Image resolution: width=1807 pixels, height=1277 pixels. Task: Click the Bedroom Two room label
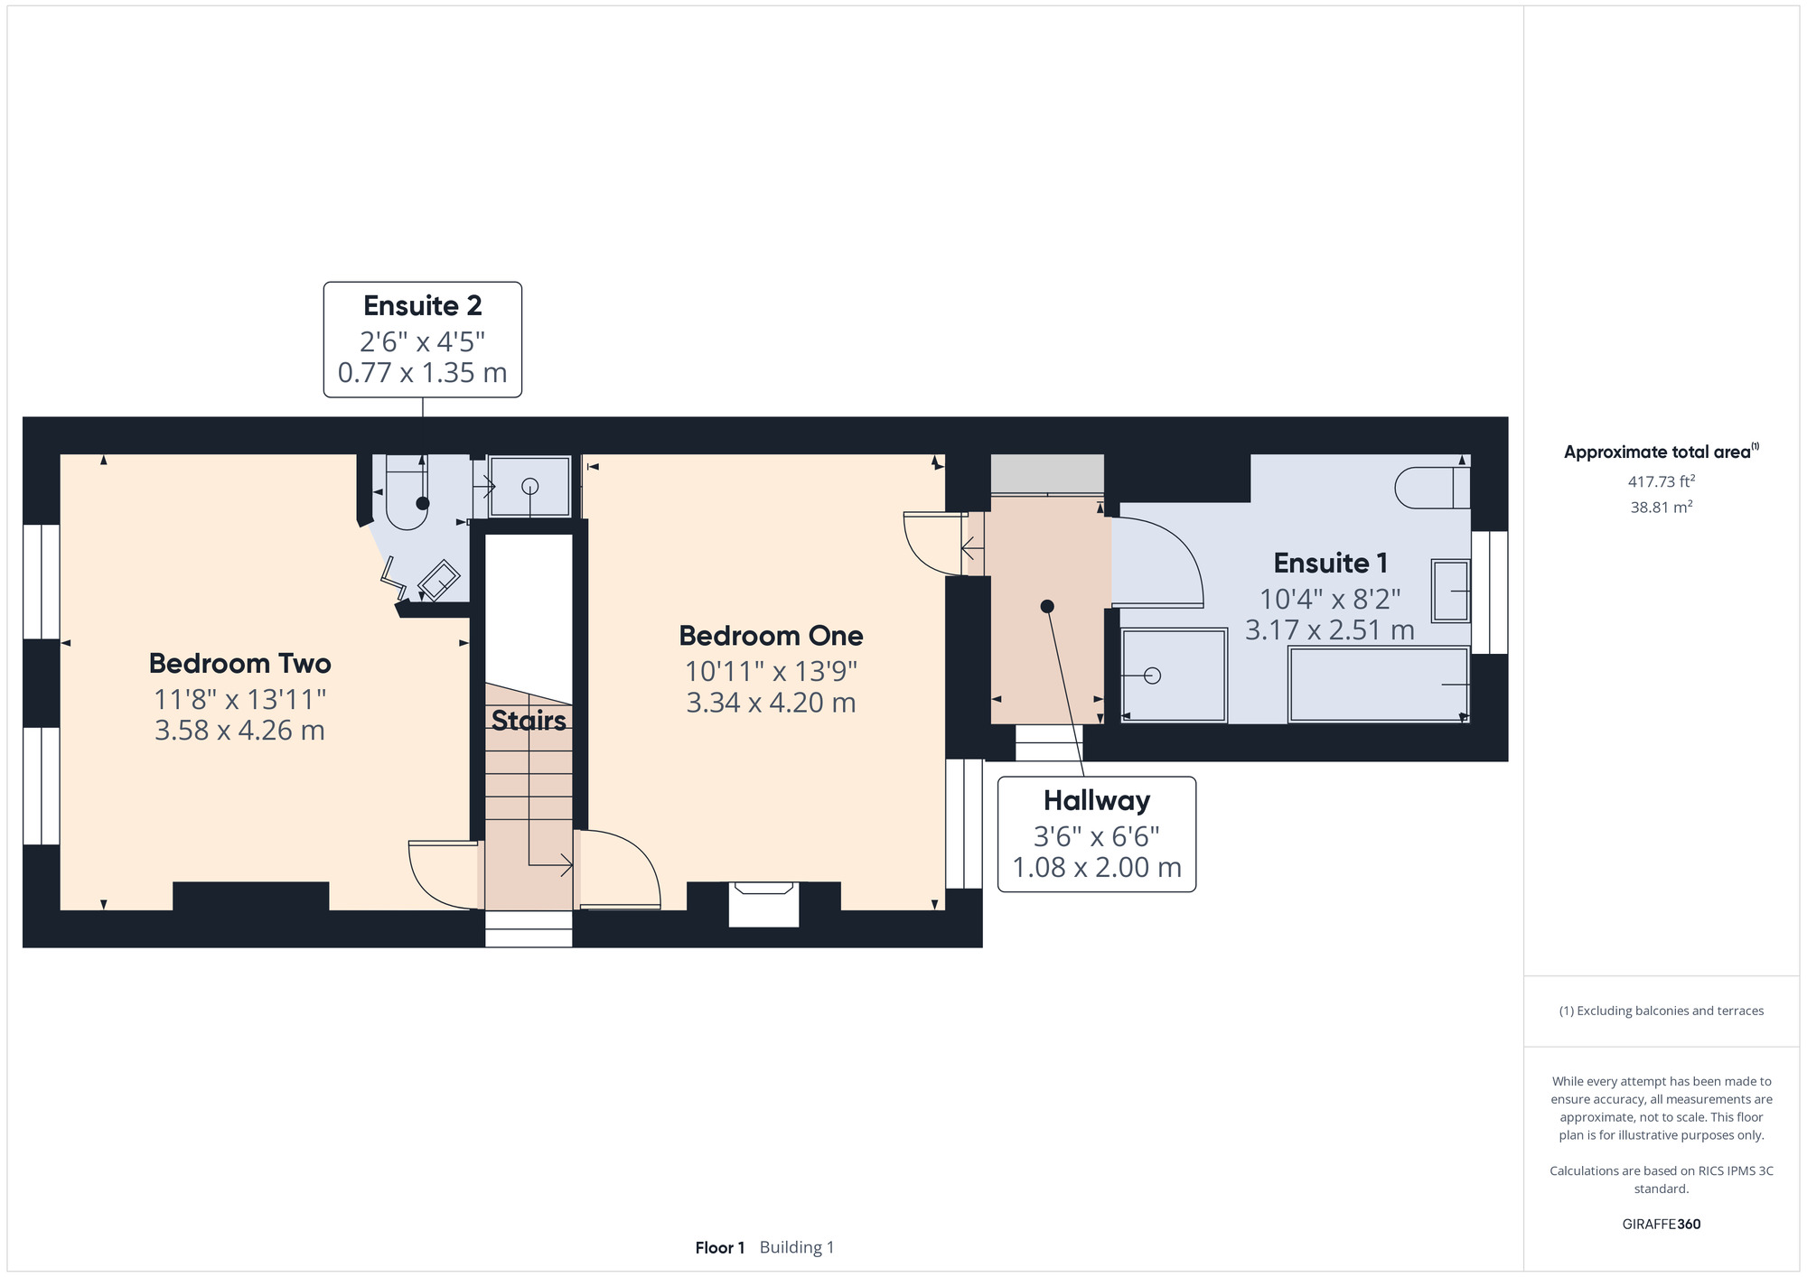(240, 664)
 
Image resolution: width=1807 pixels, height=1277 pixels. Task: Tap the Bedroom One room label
(771, 636)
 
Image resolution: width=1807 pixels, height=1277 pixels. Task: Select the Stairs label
(529, 721)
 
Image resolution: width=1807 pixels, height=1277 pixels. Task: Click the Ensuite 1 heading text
(1330, 564)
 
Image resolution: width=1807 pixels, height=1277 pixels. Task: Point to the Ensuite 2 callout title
(423, 306)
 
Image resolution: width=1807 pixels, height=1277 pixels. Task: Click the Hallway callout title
(1097, 801)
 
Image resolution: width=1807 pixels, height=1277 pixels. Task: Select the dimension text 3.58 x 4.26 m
(239, 731)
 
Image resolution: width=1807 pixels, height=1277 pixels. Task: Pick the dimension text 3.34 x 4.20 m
(771, 703)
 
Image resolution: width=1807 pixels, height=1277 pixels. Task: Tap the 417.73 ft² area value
(1661, 482)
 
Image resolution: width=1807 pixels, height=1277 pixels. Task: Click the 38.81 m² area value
(1661, 508)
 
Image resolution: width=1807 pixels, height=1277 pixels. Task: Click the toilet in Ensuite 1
(1432, 489)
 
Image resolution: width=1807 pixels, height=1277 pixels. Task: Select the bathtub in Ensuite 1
(1379, 685)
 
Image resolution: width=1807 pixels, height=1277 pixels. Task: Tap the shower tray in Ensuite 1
(1174, 676)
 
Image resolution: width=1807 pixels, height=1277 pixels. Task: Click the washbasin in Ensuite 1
(1451, 591)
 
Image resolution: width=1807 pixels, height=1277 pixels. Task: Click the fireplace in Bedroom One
(764, 904)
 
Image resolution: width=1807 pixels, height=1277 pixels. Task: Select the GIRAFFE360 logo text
(1661, 1225)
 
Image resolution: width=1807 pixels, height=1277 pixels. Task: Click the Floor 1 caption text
(720, 1248)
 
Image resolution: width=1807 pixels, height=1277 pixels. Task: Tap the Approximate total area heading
(1661, 452)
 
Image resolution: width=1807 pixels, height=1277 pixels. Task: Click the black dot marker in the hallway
(1047, 607)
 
